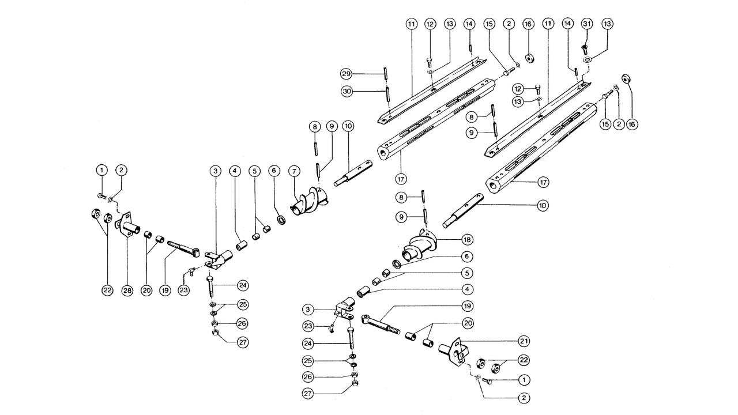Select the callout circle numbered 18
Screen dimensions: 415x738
pos(466,239)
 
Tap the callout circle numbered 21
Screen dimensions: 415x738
pos(524,342)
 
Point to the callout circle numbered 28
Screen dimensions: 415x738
pos(127,290)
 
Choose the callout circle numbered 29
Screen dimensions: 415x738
pos(345,74)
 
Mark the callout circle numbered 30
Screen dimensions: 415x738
pos(345,90)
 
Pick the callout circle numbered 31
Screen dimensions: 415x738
pos(587,24)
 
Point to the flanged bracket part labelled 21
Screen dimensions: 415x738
pos(453,349)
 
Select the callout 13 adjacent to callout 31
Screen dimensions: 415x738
pos(607,24)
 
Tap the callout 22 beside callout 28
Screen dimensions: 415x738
pos(107,290)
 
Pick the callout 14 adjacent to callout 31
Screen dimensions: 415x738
pos(568,24)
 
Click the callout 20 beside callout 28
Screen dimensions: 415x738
pos(146,290)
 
